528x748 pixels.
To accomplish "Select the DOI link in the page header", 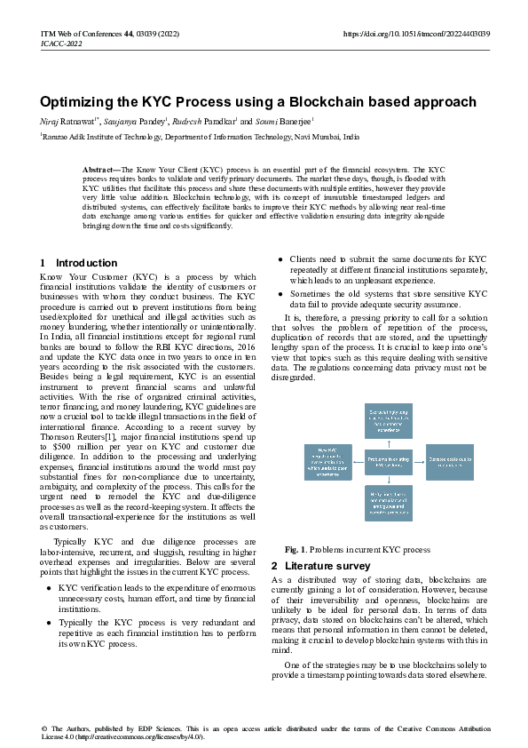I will click(416, 33).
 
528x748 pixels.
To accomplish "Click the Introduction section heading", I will click(86, 263).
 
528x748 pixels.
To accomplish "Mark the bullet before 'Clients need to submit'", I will click(280, 259).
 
